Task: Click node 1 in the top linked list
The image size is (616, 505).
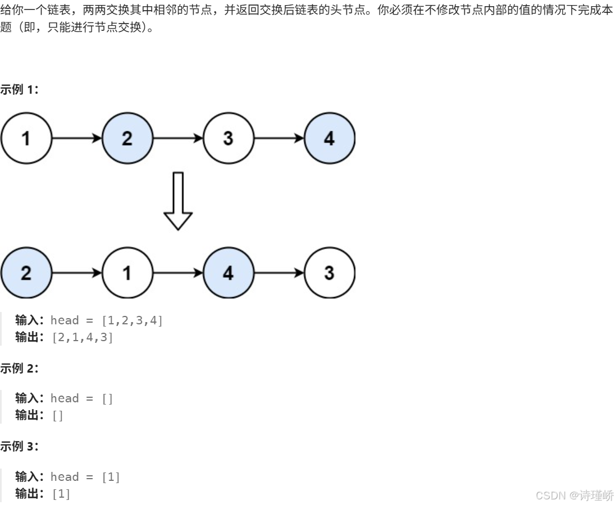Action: [x=26, y=137]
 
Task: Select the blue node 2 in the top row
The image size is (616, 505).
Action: [x=127, y=137]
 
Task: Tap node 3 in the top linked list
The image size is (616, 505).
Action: [x=228, y=137]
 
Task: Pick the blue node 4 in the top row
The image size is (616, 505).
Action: [x=330, y=137]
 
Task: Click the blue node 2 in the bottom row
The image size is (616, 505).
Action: [x=26, y=273]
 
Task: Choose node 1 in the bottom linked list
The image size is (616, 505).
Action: [x=127, y=273]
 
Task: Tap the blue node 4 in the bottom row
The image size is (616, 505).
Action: [x=228, y=273]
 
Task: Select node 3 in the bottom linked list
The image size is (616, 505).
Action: [x=330, y=273]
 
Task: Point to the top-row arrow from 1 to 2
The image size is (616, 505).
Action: [x=76, y=137]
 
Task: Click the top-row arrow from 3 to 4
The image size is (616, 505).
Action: [x=279, y=137]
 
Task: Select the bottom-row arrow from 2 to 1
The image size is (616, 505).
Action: [x=76, y=273]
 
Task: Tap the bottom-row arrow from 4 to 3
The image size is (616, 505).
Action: [x=279, y=273]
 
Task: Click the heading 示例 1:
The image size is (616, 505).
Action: [x=20, y=89]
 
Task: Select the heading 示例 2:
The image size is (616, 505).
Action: [x=20, y=368]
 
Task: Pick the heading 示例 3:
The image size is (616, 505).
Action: [x=20, y=447]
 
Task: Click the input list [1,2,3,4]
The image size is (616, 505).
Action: [x=132, y=320]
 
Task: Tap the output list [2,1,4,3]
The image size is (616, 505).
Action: [x=83, y=338]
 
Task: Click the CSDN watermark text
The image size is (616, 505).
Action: [x=574, y=495]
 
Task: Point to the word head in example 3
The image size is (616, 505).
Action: [x=65, y=477]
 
